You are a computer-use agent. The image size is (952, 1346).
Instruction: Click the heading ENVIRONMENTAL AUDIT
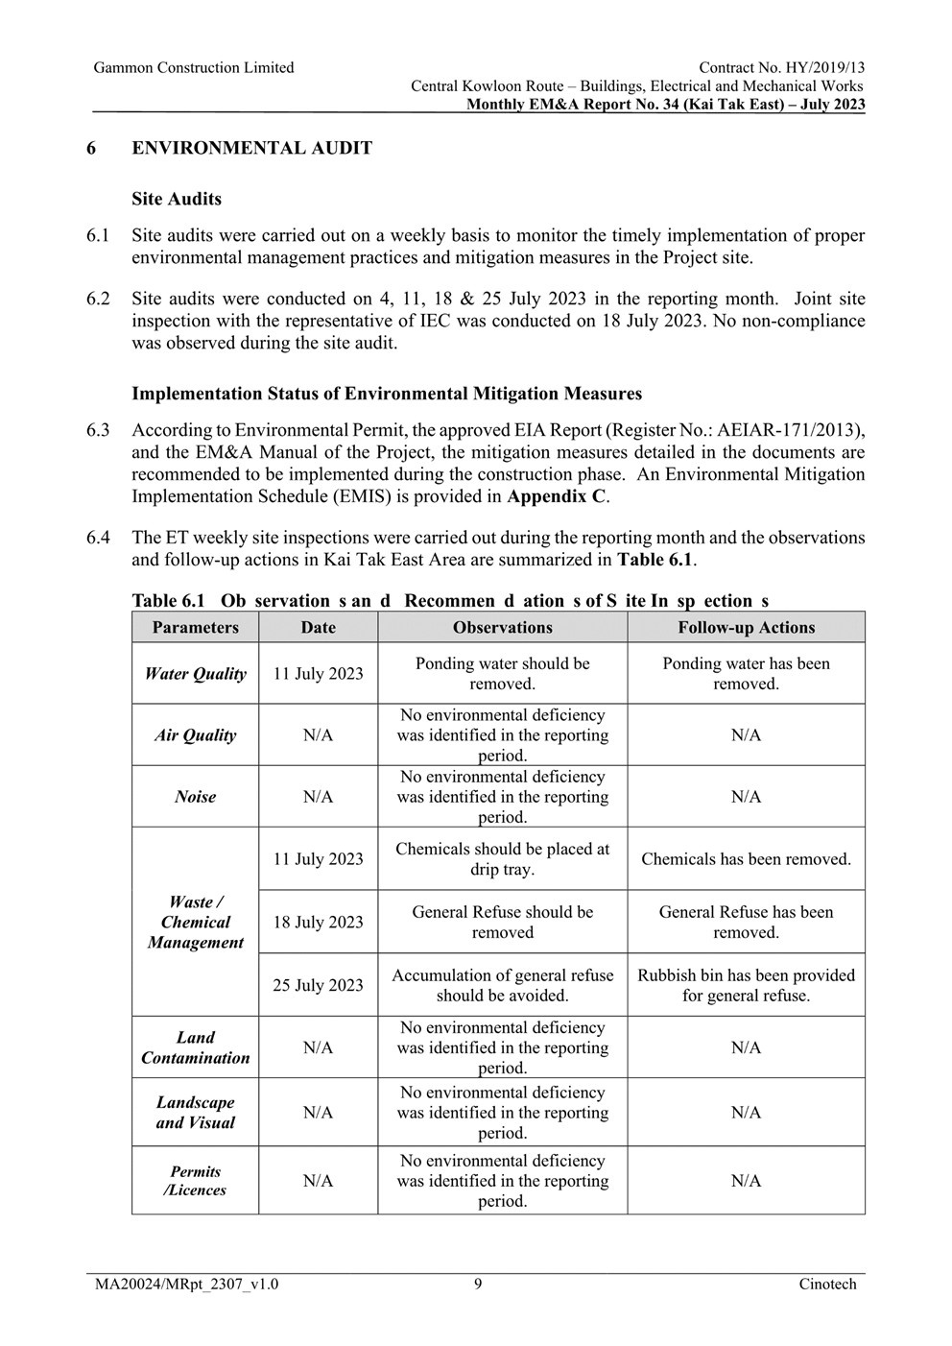click(251, 148)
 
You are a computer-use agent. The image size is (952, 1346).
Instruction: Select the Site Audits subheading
click(177, 199)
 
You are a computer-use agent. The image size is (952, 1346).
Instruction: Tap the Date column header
click(318, 628)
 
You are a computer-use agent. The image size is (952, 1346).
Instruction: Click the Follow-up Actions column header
click(746, 628)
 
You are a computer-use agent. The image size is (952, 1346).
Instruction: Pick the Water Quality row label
click(195, 674)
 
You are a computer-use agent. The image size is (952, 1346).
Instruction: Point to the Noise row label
click(195, 797)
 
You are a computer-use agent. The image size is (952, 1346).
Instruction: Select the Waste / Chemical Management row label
click(195, 922)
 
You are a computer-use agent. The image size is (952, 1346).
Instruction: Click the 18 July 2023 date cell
click(318, 922)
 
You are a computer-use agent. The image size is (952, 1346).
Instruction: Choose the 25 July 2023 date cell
click(318, 985)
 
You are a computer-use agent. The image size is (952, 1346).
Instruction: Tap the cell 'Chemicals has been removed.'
click(746, 859)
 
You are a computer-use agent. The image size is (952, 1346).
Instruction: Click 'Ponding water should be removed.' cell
click(502, 674)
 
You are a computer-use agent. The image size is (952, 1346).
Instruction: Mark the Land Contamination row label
click(195, 1047)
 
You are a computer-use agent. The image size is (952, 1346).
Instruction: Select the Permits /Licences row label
click(195, 1181)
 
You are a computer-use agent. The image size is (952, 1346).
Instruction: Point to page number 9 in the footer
click(477, 1284)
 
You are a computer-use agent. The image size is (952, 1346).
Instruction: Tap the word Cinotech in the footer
click(827, 1284)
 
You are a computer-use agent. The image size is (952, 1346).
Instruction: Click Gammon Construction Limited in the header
click(194, 67)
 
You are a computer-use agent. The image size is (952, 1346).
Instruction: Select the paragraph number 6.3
click(98, 430)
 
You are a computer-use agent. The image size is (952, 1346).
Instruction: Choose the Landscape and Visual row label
click(195, 1113)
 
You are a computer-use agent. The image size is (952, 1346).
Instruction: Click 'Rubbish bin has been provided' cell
click(746, 985)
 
